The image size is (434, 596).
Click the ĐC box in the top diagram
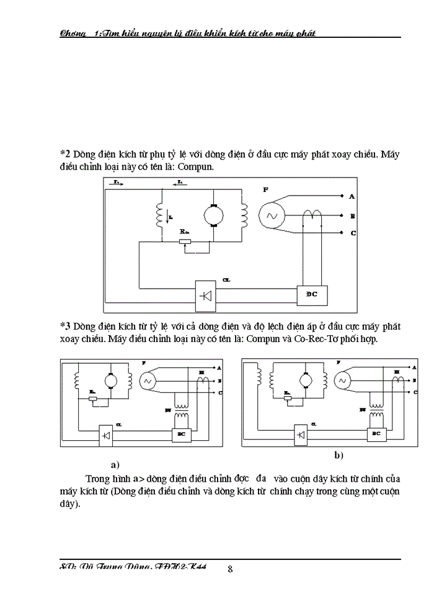[312, 294]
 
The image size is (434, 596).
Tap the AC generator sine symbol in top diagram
[271, 215]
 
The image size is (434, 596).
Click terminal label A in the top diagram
[352, 197]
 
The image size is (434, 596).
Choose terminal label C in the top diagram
[352, 233]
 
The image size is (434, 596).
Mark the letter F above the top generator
[266, 187]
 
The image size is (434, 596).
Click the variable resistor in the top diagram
[184, 241]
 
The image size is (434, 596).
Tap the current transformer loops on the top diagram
[312, 214]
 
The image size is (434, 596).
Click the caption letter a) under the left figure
[115, 464]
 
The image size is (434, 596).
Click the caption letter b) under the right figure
[339, 456]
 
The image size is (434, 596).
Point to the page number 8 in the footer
[230, 569]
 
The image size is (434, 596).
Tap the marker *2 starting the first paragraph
[66, 153]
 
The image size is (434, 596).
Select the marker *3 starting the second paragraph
[66, 325]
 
